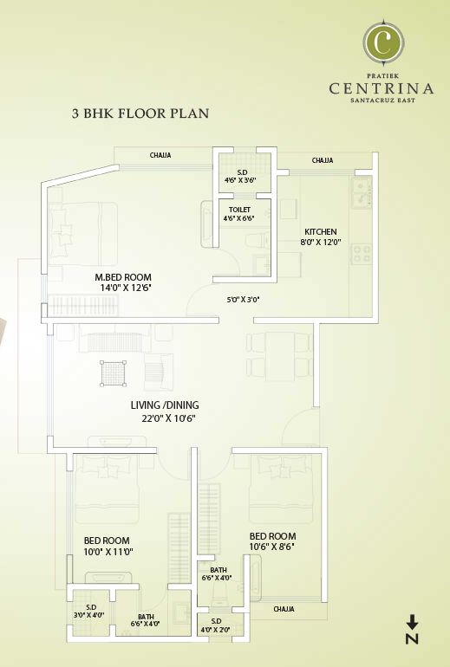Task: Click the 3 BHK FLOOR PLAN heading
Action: tap(140, 113)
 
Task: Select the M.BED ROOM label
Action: tap(129, 277)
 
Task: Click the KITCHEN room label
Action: tap(320, 232)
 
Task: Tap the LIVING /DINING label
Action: tap(165, 405)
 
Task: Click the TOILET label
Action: tap(240, 210)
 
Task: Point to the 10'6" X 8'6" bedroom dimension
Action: tap(272, 547)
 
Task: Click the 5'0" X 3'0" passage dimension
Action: tap(242, 300)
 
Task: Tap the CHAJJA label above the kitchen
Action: tap(323, 160)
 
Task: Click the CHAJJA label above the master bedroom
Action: tap(160, 155)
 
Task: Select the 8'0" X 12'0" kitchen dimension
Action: tap(320, 243)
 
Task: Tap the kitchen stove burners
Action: tap(361, 255)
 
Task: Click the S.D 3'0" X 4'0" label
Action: tap(89, 611)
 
